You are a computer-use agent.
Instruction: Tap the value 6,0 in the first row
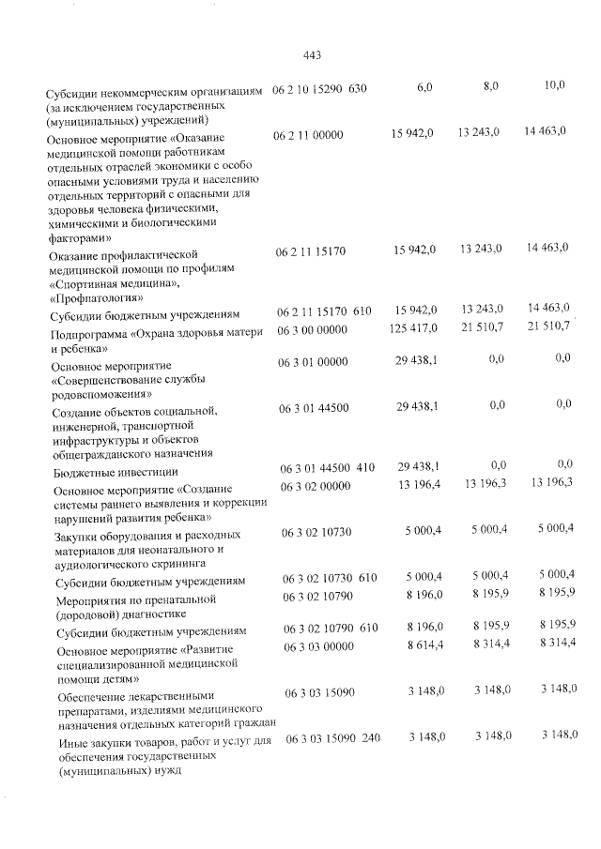click(424, 87)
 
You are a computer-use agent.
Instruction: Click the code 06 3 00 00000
click(313, 329)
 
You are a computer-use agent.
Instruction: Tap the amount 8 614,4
click(419, 644)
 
